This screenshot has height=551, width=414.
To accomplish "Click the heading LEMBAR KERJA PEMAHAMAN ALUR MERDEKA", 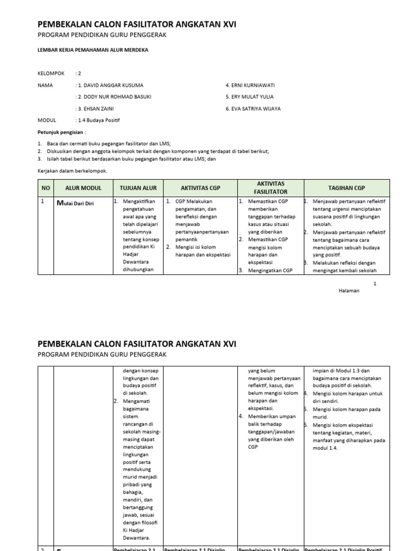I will (92, 50).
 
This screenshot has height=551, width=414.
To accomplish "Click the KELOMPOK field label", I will (50, 74).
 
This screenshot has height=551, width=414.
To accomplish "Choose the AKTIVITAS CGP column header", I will (200, 188).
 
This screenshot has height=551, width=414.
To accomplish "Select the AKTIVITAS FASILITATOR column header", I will (271, 188).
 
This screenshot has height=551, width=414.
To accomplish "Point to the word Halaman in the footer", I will (349, 291).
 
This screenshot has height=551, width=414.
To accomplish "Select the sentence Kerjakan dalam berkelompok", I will (72, 171).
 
